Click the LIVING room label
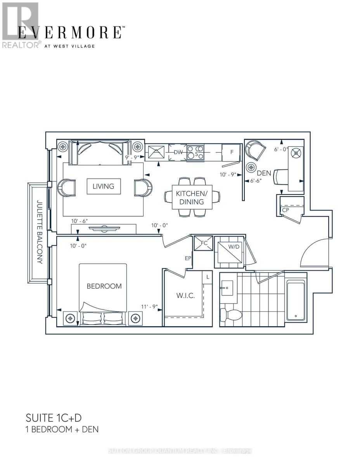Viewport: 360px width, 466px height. click(x=103, y=186)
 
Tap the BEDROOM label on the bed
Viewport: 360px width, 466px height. click(x=104, y=286)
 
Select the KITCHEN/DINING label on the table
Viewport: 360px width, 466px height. click(x=189, y=198)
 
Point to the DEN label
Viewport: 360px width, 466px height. click(x=264, y=173)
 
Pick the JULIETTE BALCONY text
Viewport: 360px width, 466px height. click(x=39, y=232)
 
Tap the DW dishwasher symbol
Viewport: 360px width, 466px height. click(x=178, y=153)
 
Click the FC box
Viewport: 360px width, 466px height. click(x=203, y=243)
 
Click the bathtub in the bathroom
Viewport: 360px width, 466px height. click(x=296, y=301)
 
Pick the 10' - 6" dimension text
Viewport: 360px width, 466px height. click(x=80, y=221)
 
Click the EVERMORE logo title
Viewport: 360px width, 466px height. click(x=70, y=32)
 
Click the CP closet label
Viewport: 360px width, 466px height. click(x=285, y=210)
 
